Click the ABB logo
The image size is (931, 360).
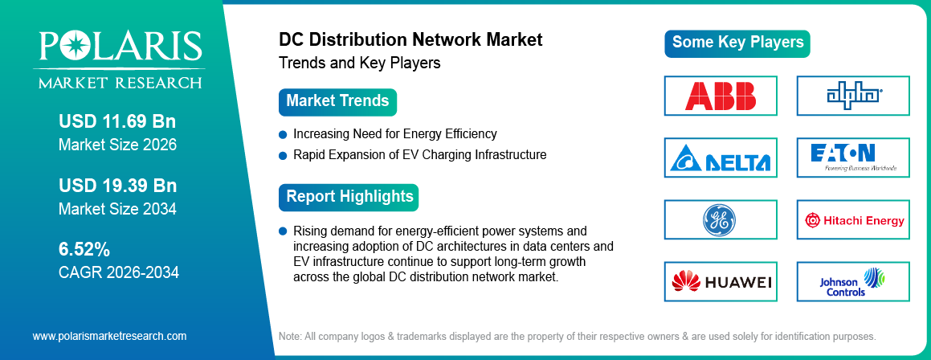tap(721, 95)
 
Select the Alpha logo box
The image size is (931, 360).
tap(853, 95)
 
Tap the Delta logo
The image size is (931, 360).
tap(721, 157)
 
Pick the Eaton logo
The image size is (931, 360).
tap(853, 157)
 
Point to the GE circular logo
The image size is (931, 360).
tap(721, 220)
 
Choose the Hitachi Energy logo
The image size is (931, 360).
tap(853, 220)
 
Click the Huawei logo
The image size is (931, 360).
tap(721, 282)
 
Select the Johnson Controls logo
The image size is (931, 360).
tap(853, 282)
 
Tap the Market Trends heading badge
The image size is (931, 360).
tap(337, 101)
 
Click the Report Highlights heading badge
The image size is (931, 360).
tap(349, 196)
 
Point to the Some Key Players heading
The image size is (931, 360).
tap(737, 43)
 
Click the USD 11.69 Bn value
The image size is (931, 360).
tap(116, 122)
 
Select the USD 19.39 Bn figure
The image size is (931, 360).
tap(116, 186)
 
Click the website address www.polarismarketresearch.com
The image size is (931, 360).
tap(109, 336)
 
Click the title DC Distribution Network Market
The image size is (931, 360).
tap(410, 39)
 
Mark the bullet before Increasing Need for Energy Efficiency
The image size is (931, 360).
tap(283, 134)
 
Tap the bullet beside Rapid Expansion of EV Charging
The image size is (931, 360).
tap(283, 154)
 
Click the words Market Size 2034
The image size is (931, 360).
tap(117, 209)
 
